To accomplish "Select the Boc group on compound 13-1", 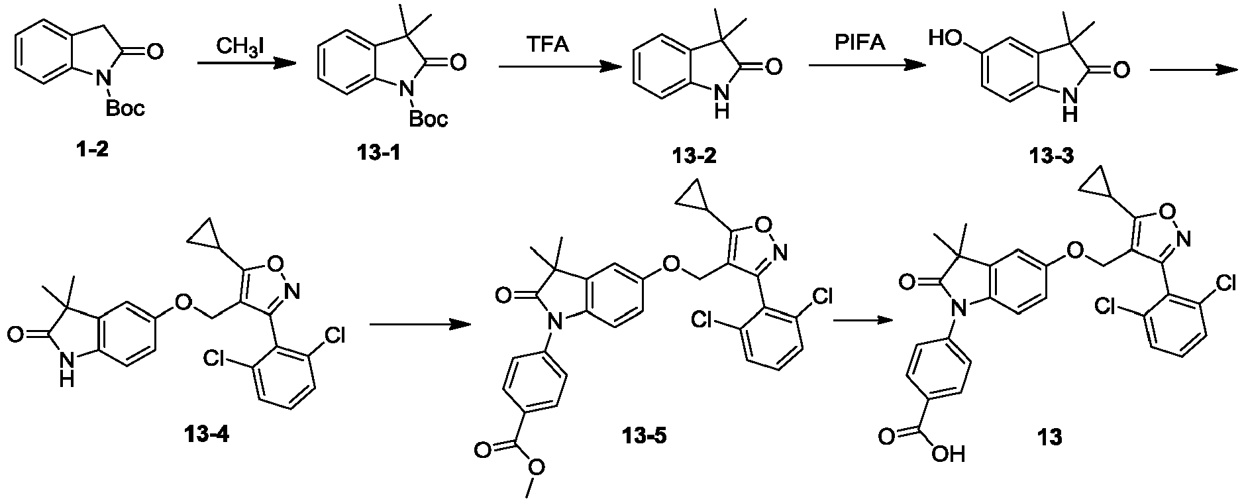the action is (429, 119).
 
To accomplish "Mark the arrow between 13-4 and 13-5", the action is (420, 324).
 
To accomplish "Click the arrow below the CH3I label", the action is (246, 64).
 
